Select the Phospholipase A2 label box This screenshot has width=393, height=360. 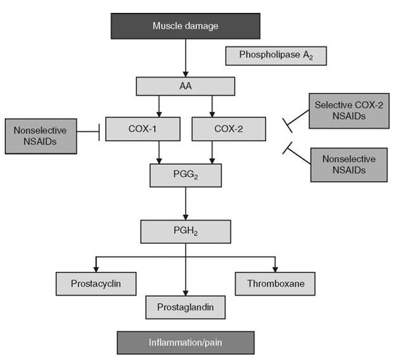[x=276, y=55]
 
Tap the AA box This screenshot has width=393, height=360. [x=185, y=86]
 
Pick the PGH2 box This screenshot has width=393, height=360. [x=185, y=231]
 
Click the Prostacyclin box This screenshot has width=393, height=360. [x=95, y=282]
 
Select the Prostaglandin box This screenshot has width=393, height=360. [x=185, y=307]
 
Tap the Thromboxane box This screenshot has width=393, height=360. [x=275, y=282]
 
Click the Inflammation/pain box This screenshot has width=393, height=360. [x=185, y=342]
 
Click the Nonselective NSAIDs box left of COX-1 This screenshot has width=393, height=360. [x=40, y=135]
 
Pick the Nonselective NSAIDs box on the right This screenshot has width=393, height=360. [x=344, y=164]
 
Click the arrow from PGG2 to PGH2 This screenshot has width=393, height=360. [x=185, y=203]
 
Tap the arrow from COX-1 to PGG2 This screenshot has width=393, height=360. [x=159, y=151]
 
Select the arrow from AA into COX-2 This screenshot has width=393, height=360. [x=212, y=106]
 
